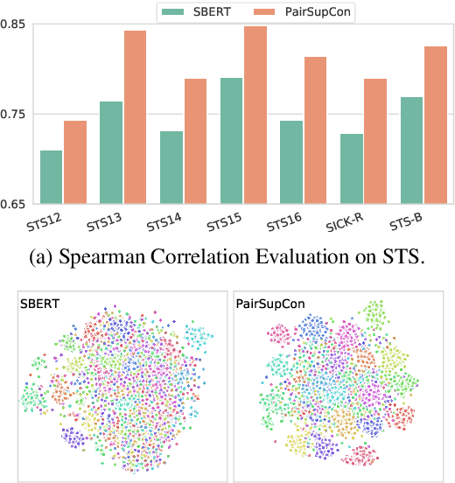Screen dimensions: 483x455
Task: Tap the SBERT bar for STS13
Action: tap(111, 153)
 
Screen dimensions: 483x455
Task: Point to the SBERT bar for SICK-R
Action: tap(351, 169)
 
